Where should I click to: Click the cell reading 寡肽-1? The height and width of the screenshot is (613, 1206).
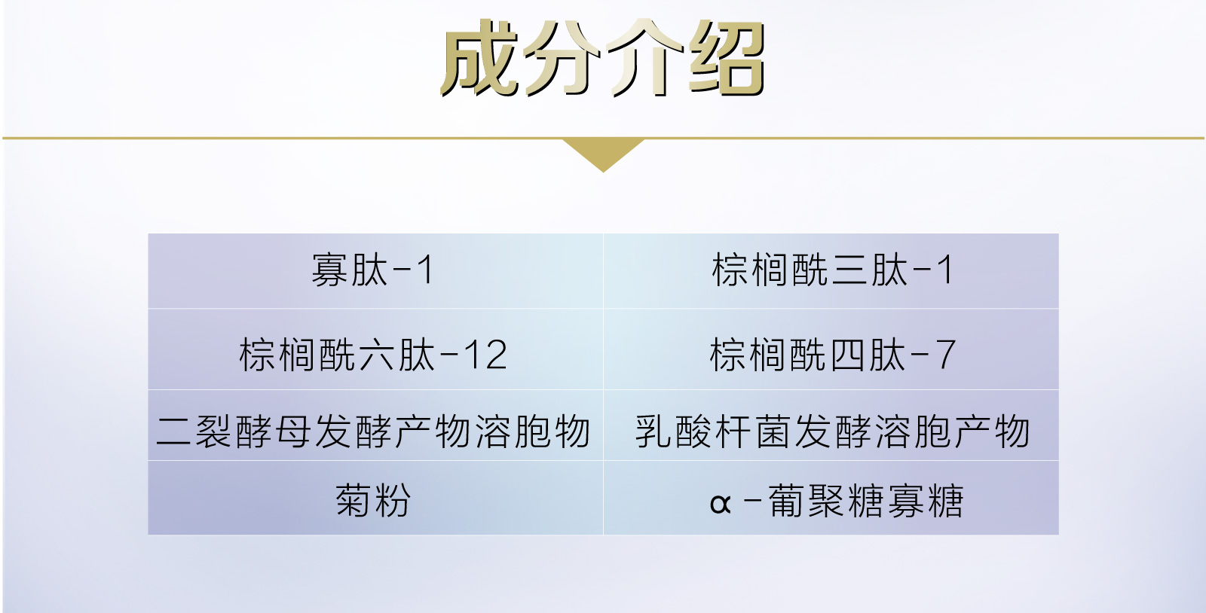click(x=375, y=270)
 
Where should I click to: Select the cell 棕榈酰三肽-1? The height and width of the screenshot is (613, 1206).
click(x=832, y=270)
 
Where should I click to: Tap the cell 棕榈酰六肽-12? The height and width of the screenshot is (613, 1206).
click(x=375, y=355)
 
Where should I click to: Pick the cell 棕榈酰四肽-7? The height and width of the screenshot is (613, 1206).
click(x=832, y=355)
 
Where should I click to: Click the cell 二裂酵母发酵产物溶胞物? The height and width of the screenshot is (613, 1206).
click(x=375, y=432)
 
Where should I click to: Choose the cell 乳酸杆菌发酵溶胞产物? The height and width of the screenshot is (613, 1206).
click(x=832, y=432)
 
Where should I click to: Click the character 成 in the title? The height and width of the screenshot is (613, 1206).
click(x=480, y=59)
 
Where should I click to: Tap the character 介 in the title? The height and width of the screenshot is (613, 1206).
click(x=644, y=59)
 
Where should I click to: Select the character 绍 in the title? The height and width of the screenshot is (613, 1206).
click(x=727, y=59)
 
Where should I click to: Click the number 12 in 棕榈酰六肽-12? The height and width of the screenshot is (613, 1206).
click(x=485, y=355)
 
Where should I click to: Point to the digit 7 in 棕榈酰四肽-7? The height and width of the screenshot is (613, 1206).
click(x=945, y=355)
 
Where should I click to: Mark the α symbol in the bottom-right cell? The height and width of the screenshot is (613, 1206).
click(x=720, y=503)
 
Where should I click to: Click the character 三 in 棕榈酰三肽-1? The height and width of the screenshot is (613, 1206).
click(x=849, y=270)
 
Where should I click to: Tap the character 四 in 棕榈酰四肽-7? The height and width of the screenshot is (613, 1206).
click(x=847, y=355)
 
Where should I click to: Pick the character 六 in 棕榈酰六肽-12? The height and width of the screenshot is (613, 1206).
click(x=377, y=355)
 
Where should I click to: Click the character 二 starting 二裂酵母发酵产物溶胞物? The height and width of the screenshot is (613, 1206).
click(x=173, y=432)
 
